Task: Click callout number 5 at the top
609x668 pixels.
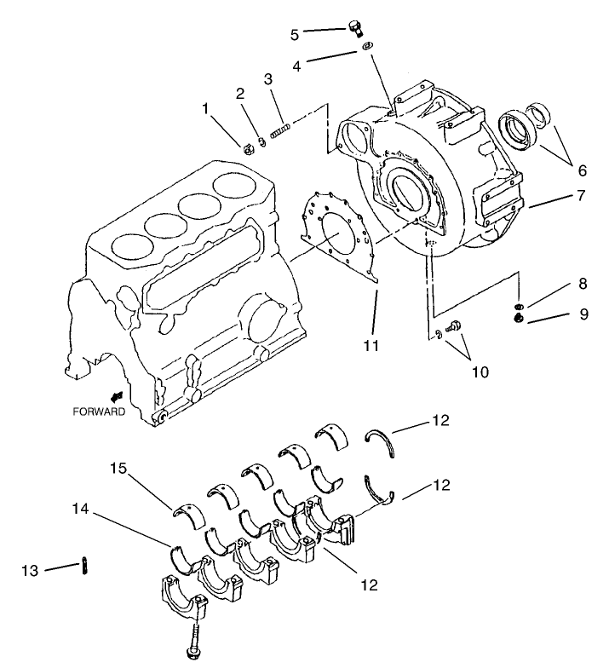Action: (x=295, y=35)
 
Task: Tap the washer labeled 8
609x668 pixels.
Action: (x=518, y=306)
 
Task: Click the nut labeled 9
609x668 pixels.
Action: (x=518, y=319)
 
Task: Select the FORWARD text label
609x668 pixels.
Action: (x=98, y=412)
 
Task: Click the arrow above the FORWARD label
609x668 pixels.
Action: (x=116, y=395)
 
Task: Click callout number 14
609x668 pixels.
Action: (x=79, y=510)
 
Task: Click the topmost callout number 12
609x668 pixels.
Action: (x=440, y=420)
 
